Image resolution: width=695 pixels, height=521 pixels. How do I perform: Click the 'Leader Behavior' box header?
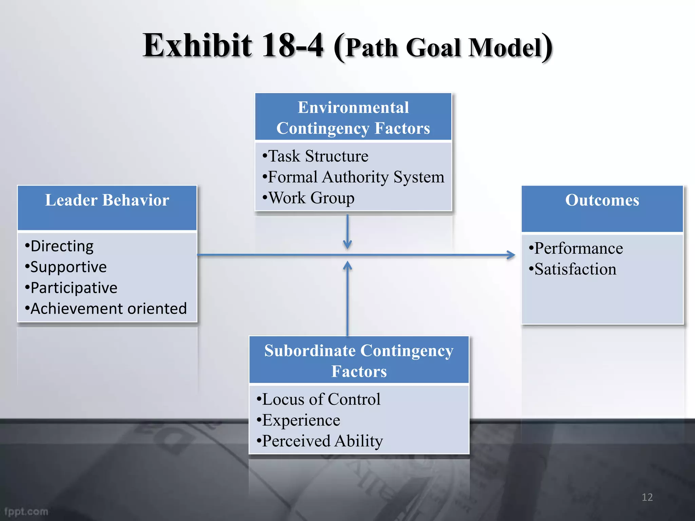click(107, 200)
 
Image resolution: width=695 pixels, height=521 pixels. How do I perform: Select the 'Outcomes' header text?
click(602, 200)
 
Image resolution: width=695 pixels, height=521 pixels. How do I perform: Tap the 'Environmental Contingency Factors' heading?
click(353, 118)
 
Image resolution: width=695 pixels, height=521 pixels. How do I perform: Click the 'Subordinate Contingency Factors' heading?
click(359, 361)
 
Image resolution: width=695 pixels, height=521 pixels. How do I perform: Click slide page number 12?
click(647, 497)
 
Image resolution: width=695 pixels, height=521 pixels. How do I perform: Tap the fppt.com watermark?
click(26, 512)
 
